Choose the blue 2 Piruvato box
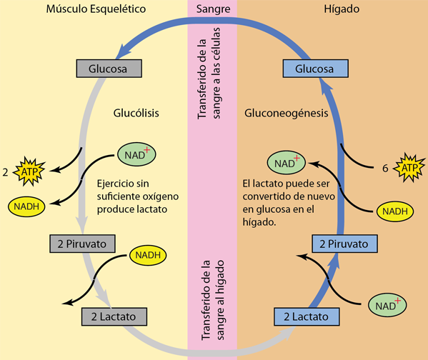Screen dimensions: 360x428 344,244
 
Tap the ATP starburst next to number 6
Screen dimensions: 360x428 408,168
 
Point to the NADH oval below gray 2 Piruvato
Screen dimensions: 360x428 146,256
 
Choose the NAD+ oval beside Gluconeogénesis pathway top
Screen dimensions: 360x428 286,162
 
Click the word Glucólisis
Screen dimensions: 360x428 136,113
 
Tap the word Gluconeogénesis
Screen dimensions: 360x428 286,113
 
